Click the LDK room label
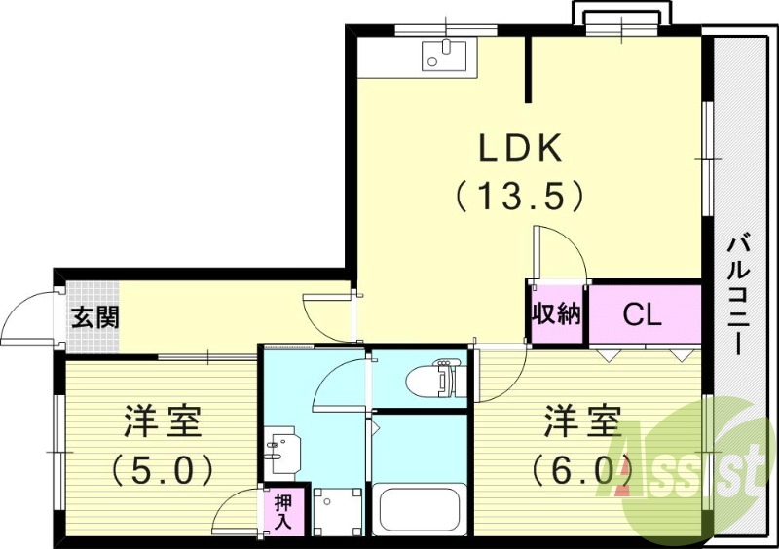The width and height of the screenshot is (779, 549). [520, 148]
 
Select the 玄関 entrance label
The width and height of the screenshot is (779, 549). [94, 317]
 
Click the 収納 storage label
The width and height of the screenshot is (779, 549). [556, 313]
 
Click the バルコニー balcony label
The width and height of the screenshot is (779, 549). [738, 297]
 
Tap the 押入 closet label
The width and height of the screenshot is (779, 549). [283, 511]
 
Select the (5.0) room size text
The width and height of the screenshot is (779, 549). [162, 469]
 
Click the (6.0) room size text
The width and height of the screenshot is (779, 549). [582, 469]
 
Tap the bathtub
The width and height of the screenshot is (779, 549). [420, 509]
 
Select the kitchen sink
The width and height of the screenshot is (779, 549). [444, 55]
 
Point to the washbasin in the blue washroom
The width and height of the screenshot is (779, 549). [282, 450]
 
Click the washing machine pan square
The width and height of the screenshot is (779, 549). [337, 511]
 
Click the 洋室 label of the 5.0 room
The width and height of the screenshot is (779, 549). [163, 421]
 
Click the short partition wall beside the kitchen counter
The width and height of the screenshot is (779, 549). [528, 69]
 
